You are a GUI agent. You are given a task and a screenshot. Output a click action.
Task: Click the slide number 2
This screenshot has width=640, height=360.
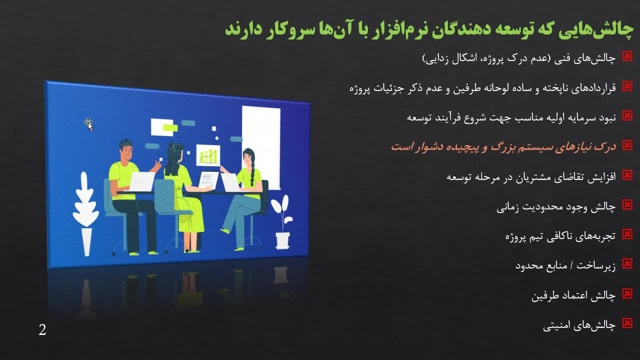[42, 330]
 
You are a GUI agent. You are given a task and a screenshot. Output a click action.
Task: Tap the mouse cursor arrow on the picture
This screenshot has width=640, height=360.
[88, 124]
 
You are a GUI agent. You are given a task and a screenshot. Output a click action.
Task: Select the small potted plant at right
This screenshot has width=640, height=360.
[282, 221]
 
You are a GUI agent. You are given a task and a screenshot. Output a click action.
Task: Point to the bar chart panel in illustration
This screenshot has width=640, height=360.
[208, 155]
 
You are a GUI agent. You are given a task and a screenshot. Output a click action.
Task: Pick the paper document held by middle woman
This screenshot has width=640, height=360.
[208, 179]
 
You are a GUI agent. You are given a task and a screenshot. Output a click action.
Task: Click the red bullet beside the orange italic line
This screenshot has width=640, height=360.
[627, 145]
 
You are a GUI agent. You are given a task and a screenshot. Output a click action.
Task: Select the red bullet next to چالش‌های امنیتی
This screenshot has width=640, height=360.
[627, 323]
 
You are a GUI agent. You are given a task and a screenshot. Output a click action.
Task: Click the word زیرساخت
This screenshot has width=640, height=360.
[595, 265]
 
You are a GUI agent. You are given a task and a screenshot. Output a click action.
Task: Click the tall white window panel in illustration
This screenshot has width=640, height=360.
[261, 147]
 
